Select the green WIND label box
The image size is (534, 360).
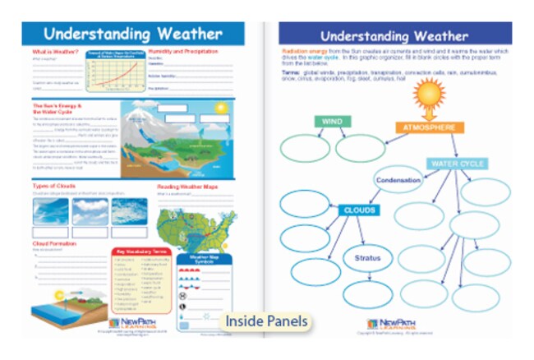tap(331, 122)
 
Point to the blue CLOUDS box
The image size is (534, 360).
tap(359, 210)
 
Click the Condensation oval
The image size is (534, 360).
tap(399, 180)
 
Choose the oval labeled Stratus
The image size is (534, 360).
tap(367, 258)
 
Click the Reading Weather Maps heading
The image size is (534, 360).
tap(187, 187)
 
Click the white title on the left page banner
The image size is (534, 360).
tap(132, 34)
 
